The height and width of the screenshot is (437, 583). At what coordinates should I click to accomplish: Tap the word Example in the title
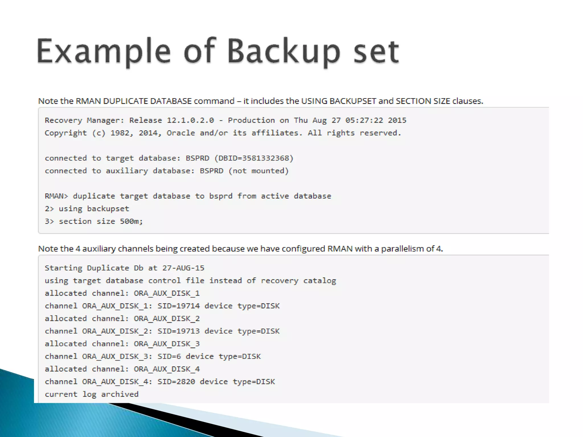[104, 51]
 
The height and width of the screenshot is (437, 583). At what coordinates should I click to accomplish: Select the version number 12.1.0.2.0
[190, 120]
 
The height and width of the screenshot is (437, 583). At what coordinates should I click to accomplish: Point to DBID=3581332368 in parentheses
[254, 158]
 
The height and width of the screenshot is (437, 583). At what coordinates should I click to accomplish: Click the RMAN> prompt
[56, 196]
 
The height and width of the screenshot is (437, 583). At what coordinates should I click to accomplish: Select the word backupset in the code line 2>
[108, 209]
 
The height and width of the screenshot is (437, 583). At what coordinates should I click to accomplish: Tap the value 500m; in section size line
[131, 221]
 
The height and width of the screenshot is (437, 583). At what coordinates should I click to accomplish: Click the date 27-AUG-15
[183, 268]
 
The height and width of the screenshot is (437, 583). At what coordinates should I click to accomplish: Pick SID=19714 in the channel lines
[178, 306]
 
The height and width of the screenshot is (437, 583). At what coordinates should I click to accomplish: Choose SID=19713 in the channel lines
[178, 331]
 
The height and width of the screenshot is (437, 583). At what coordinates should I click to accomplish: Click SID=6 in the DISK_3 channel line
[169, 356]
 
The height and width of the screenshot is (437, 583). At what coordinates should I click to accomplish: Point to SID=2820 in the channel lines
[176, 382]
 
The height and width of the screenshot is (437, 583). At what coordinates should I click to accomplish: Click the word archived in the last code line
[120, 394]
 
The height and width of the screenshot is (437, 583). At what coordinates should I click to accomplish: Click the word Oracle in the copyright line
[181, 133]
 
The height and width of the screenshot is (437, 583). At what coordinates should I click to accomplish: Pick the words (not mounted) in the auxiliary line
[258, 171]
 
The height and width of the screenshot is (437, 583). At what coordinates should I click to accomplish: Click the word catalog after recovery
[319, 281]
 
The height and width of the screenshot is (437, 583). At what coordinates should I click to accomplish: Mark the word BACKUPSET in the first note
[353, 101]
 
